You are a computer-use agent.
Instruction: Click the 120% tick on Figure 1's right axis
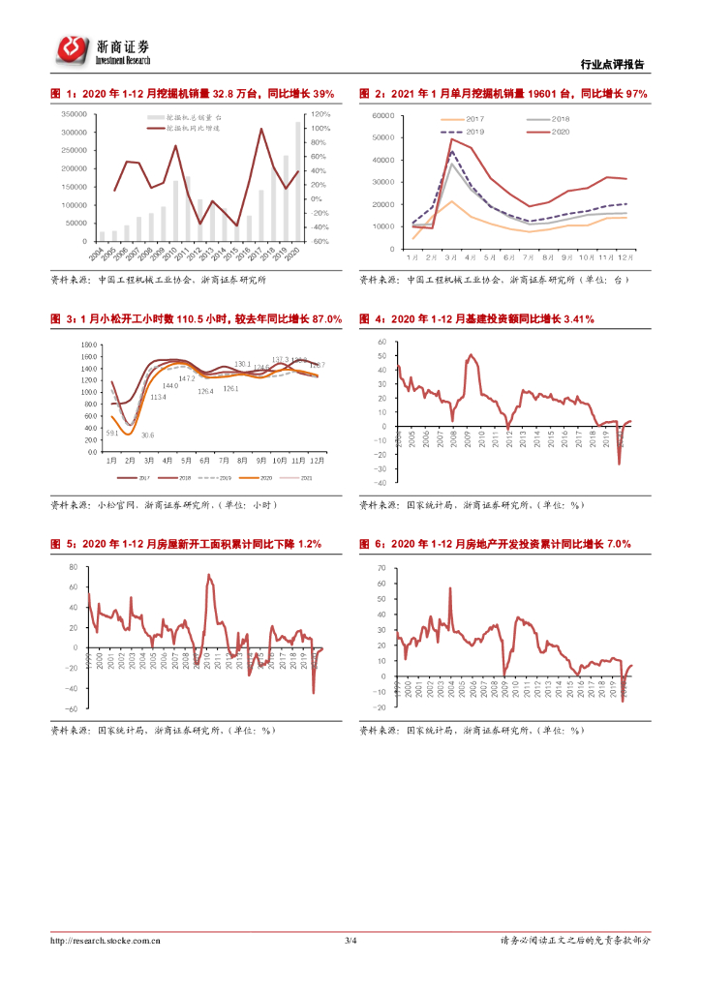click(x=320, y=114)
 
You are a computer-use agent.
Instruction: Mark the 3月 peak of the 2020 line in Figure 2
click(x=451, y=139)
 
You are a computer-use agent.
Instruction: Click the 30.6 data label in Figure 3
click(x=147, y=435)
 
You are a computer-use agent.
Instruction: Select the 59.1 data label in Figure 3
click(x=112, y=433)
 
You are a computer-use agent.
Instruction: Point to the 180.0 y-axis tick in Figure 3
click(x=88, y=345)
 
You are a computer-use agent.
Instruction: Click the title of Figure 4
click(x=476, y=319)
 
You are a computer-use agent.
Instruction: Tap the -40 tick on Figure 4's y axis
click(x=381, y=482)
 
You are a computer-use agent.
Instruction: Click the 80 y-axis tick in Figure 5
click(x=74, y=564)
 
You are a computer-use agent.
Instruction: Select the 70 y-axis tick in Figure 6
click(x=383, y=564)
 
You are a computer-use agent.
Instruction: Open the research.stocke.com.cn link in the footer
click(x=106, y=940)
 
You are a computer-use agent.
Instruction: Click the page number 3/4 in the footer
click(x=350, y=940)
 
